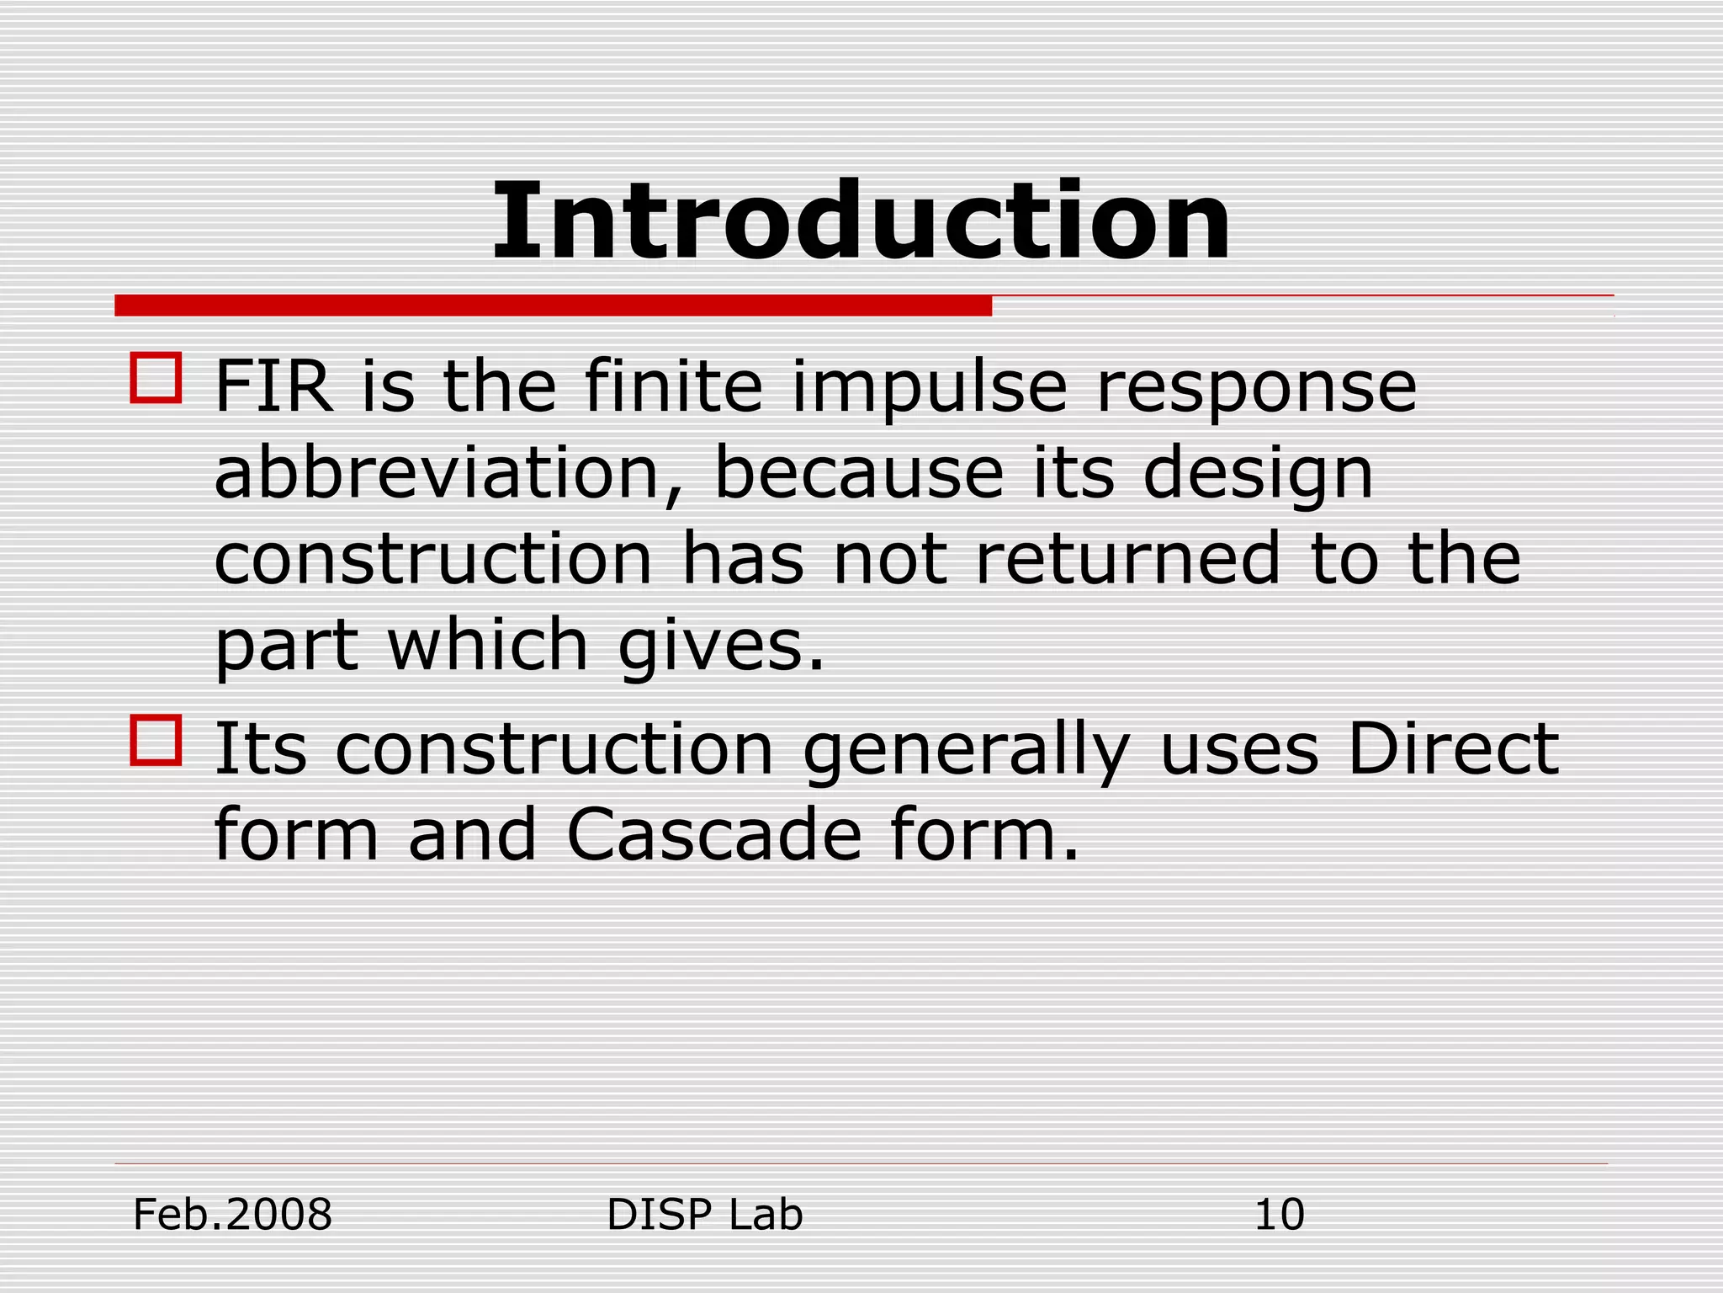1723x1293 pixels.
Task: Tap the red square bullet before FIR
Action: pos(156,378)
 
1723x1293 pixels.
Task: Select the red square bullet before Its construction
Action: pos(156,741)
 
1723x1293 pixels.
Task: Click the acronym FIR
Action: pos(273,387)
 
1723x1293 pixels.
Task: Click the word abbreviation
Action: pos(437,473)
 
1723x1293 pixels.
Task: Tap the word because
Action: pos(858,473)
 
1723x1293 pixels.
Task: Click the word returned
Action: pos(1127,559)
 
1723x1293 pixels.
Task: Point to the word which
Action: pos(487,645)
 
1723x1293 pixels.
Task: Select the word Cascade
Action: pos(714,835)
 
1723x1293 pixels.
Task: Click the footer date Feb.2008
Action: pos(233,1215)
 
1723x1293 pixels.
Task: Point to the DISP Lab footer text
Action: pos(705,1215)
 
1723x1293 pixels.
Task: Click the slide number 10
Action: pos(1279,1215)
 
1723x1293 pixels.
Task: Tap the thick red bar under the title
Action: pos(553,306)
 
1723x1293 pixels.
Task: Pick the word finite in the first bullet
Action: pos(673,387)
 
